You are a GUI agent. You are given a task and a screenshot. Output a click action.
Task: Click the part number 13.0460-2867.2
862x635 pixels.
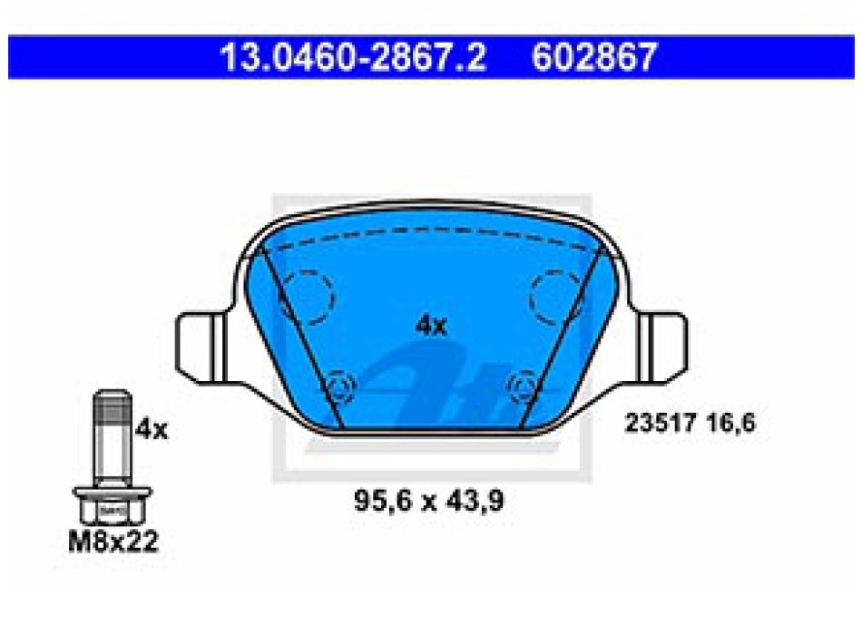[x=353, y=57]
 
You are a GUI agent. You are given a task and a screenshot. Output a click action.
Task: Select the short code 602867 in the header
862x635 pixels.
[x=594, y=57]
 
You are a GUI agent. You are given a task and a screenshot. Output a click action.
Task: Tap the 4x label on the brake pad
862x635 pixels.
[x=432, y=326]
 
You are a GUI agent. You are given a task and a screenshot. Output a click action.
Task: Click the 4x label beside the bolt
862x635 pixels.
[x=152, y=429]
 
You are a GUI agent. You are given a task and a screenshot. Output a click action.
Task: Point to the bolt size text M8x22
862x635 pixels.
[x=113, y=542]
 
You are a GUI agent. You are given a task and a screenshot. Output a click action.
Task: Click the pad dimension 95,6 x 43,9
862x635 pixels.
[x=429, y=501]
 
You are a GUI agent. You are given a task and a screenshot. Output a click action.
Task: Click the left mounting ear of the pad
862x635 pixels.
[x=201, y=347]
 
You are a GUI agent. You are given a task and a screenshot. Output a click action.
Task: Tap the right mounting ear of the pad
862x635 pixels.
[x=661, y=347]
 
